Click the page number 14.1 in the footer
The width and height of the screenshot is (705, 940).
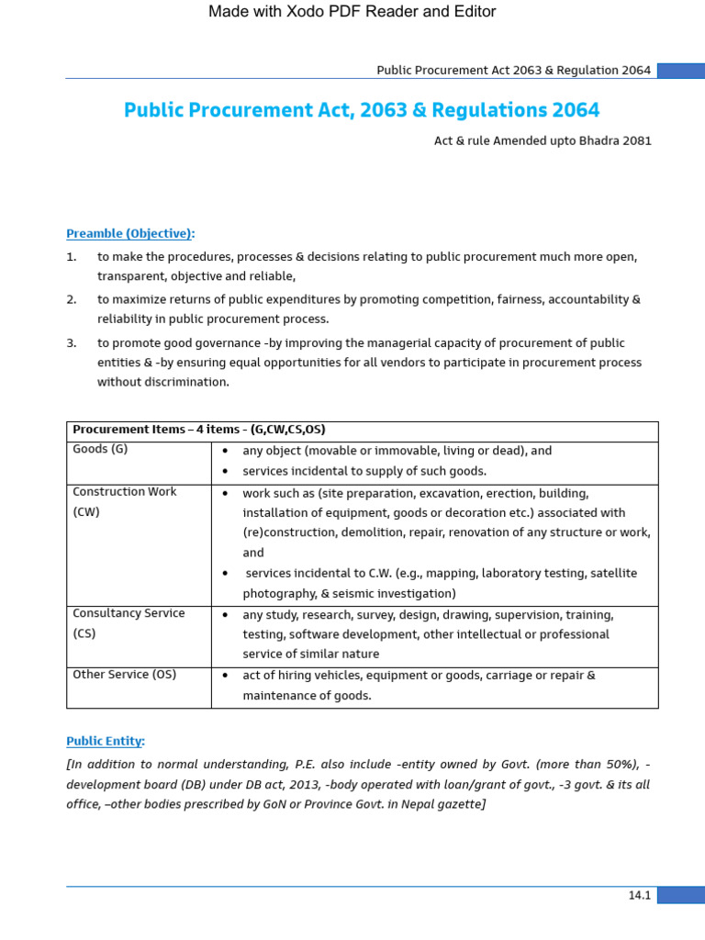pyautogui.click(x=639, y=895)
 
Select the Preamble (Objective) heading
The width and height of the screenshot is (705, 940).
pyautogui.click(x=130, y=233)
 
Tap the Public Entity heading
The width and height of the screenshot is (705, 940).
pyautogui.click(x=106, y=741)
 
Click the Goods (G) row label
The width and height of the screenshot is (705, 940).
pyautogui.click(x=100, y=450)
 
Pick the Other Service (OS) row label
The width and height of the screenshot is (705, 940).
pyautogui.click(x=124, y=675)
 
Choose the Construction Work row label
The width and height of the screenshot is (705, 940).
pyautogui.click(x=124, y=492)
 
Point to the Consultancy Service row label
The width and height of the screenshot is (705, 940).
pyautogui.click(x=129, y=613)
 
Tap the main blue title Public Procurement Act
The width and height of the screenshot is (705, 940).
pyautogui.click(x=362, y=110)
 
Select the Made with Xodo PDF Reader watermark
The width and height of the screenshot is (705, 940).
pyautogui.click(x=352, y=12)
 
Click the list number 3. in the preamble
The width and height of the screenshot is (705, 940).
pyautogui.click(x=72, y=342)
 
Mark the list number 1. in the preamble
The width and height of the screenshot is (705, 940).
pyautogui.click(x=72, y=257)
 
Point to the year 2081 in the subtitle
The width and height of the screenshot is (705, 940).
pyautogui.click(x=636, y=140)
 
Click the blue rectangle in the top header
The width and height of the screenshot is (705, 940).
pyautogui.click(x=680, y=71)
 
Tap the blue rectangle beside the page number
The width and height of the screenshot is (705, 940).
pyautogui.click(x=680, y=895)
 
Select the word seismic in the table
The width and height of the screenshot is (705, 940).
pyautogui.click(x=352, y=594)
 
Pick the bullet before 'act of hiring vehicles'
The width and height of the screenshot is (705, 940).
pyautogui.click(x=225, y=676)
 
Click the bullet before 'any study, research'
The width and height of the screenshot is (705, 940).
pyautogui.click(x=225, y=615)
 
